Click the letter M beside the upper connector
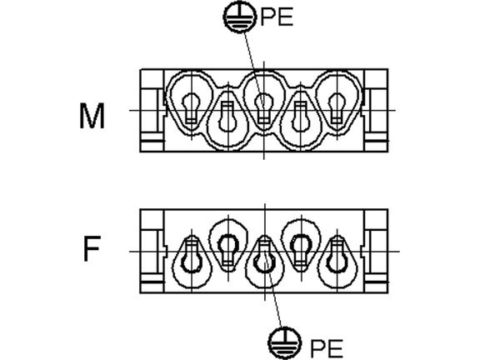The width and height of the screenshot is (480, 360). pyautogui.click(x=92, y=116)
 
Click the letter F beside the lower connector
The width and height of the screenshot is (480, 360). pyautogui.click(x=92, y=248)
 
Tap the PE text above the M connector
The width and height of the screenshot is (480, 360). pyautogui.click(x=277, y=17)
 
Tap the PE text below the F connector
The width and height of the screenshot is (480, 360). pyautogui.click(x=327, y=348)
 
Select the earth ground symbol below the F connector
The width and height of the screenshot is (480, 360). pyautogui.click(x=284, y=343)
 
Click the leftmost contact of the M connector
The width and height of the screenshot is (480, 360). pyautogui.click(x=192, y=108)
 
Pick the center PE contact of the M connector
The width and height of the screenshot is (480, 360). pyautogui.click(x=263, y=108)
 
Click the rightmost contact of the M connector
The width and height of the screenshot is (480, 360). pyautogui.click(x=336, y=108)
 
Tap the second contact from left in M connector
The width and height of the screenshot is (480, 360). pyautogui.click(x=227, y=117)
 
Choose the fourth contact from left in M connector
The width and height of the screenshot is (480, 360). pyautogui.click(x=300, y=117)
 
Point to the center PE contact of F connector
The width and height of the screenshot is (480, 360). pyautogui.click(x=263, y=257)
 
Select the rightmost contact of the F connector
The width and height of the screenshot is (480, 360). pyautogui.click(x=337, y=257)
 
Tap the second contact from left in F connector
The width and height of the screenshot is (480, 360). pyautogui.click(x=227, y=248)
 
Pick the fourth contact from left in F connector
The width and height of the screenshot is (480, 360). pyautogui.click(x=301, y=248)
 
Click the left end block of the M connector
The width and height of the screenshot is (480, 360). pyautogui.click(x=152, y=111)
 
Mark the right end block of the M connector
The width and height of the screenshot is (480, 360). pyautogui.click(x=376, y=111)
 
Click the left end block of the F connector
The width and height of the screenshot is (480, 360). pyautogui.click(x=152, y=252)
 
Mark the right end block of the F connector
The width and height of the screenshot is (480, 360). pyautogui.click(x=376, y=252)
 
